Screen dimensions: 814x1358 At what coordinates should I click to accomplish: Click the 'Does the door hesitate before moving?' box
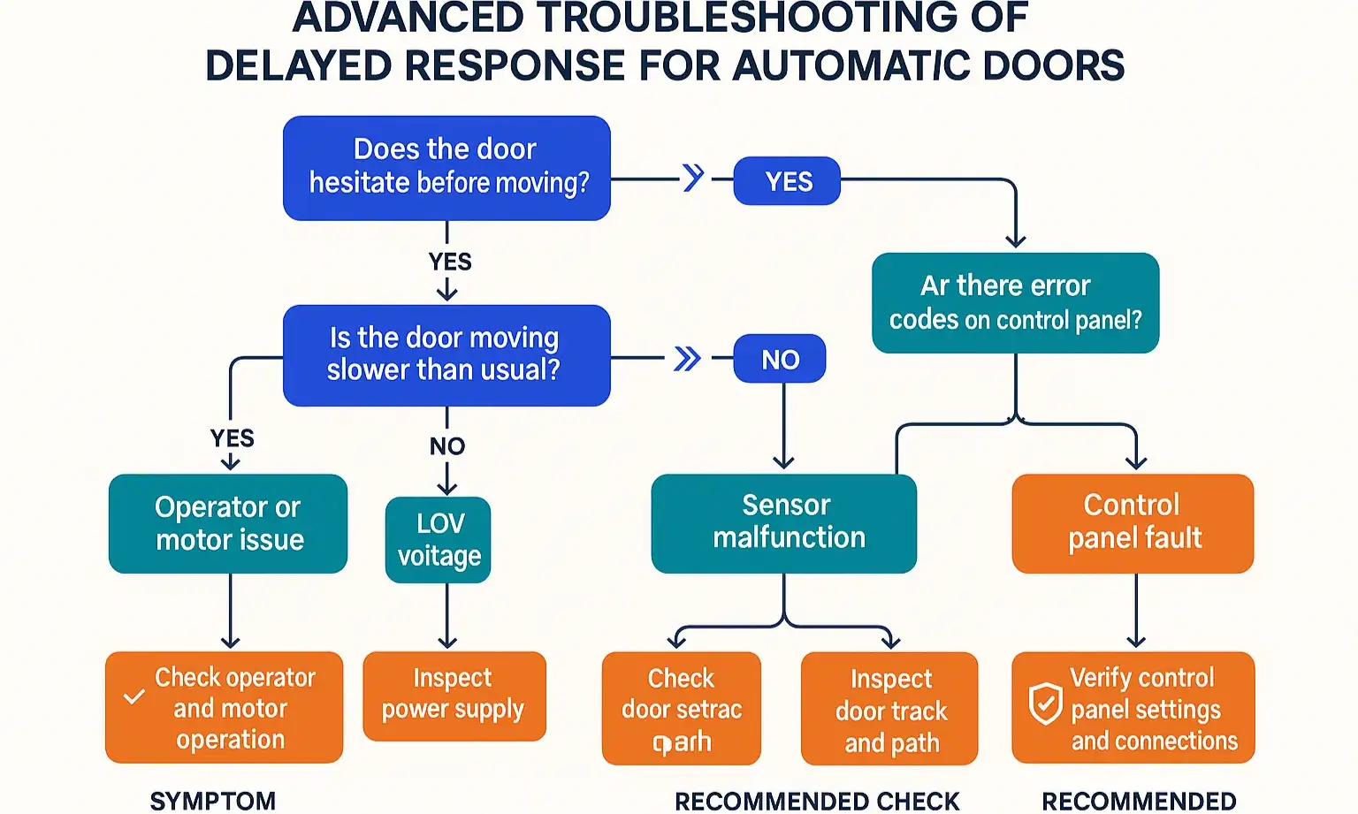(446, 168)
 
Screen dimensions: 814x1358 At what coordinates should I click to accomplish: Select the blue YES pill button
(787, 181)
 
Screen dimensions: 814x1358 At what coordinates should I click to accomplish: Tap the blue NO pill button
(780, 359)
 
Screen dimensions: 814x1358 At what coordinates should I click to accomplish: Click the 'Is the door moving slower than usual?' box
(446, 355)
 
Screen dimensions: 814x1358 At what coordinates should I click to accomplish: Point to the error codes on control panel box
(1015, 303)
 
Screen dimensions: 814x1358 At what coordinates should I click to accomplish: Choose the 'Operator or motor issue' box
(228, 523)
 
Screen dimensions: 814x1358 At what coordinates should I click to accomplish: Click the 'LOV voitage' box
(439, 540)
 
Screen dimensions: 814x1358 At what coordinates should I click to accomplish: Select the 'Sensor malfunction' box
(784, 523)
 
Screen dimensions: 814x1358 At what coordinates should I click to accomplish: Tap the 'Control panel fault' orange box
(1133, 523)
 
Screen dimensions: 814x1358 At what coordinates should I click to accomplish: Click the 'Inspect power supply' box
(454, 696)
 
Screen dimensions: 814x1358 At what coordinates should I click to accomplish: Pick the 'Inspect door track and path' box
(889, 709)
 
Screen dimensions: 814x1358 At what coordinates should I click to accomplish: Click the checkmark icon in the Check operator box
(134, 696)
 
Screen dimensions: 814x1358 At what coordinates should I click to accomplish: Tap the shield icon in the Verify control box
(1045, 704)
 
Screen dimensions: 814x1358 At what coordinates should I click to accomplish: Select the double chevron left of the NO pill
(687, 359)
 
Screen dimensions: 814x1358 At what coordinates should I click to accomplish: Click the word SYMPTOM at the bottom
(213, 801)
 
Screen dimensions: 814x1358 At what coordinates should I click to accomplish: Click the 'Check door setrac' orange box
(681, 709)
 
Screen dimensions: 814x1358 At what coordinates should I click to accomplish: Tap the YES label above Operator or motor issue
(233, 438)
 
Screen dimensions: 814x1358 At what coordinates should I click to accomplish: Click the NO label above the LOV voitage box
(447, 446)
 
